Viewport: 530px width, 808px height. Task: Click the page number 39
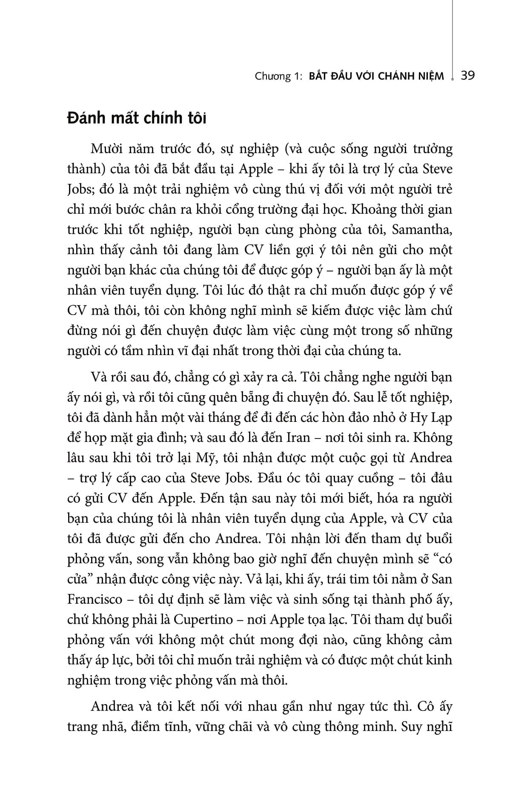pyautogui.click(x=468, y=76)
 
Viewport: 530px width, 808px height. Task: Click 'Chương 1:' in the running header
pyautogui.click(x=278, y=76)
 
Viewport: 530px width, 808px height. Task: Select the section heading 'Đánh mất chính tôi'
pyautogui.click(x=137, y=118)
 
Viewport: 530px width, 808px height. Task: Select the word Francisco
pyautogui.click(x=94, y=599)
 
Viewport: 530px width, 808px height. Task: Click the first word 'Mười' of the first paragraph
pyautogui.click(x=106, y=149)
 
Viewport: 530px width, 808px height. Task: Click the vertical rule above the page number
pyautogui.click(x=452, y=34)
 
